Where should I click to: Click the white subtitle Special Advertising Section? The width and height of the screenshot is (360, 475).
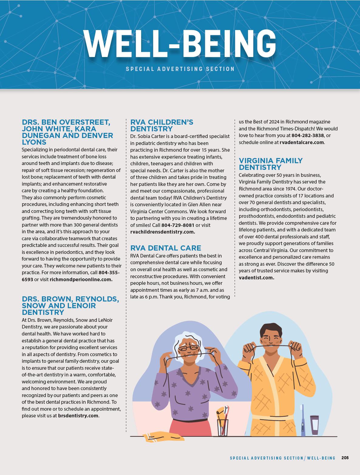(x=180, y=69)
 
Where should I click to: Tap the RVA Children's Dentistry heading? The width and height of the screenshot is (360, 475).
(x=161, y=126)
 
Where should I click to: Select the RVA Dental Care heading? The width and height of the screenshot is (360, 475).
(x=165, y=248)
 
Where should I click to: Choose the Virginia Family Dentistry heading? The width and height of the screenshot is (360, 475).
(x=270, y=164)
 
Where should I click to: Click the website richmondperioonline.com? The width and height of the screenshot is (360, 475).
(x=81, y=279)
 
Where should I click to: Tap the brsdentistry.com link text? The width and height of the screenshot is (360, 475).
(x=78, y=416)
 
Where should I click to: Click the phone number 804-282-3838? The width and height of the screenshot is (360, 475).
(x=307, y=135)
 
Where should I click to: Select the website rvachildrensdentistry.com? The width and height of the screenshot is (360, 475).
(x=162, y=232)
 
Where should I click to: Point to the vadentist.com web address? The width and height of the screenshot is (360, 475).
(x=256, y=277)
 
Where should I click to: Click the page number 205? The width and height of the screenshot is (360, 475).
(x=345, y=458)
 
